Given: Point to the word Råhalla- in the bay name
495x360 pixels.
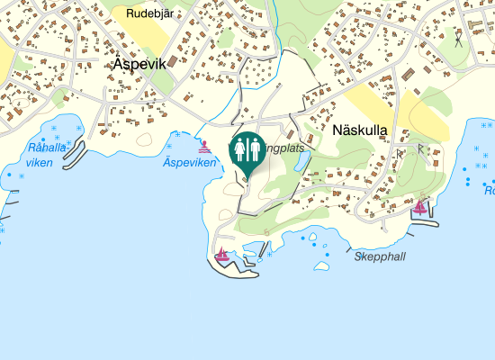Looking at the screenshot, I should (48, 148).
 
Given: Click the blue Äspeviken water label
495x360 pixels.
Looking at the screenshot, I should (190, 163).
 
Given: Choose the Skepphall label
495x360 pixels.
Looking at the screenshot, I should (380, 256).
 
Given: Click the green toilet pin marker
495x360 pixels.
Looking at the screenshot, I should (247, 151).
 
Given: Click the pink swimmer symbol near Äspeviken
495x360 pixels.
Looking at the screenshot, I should (205, 146).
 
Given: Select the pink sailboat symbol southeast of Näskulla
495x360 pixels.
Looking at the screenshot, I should (419, 208).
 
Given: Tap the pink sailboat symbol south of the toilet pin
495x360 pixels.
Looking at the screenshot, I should (221, 255).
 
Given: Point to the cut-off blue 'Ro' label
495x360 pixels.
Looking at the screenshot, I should (489, 191).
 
